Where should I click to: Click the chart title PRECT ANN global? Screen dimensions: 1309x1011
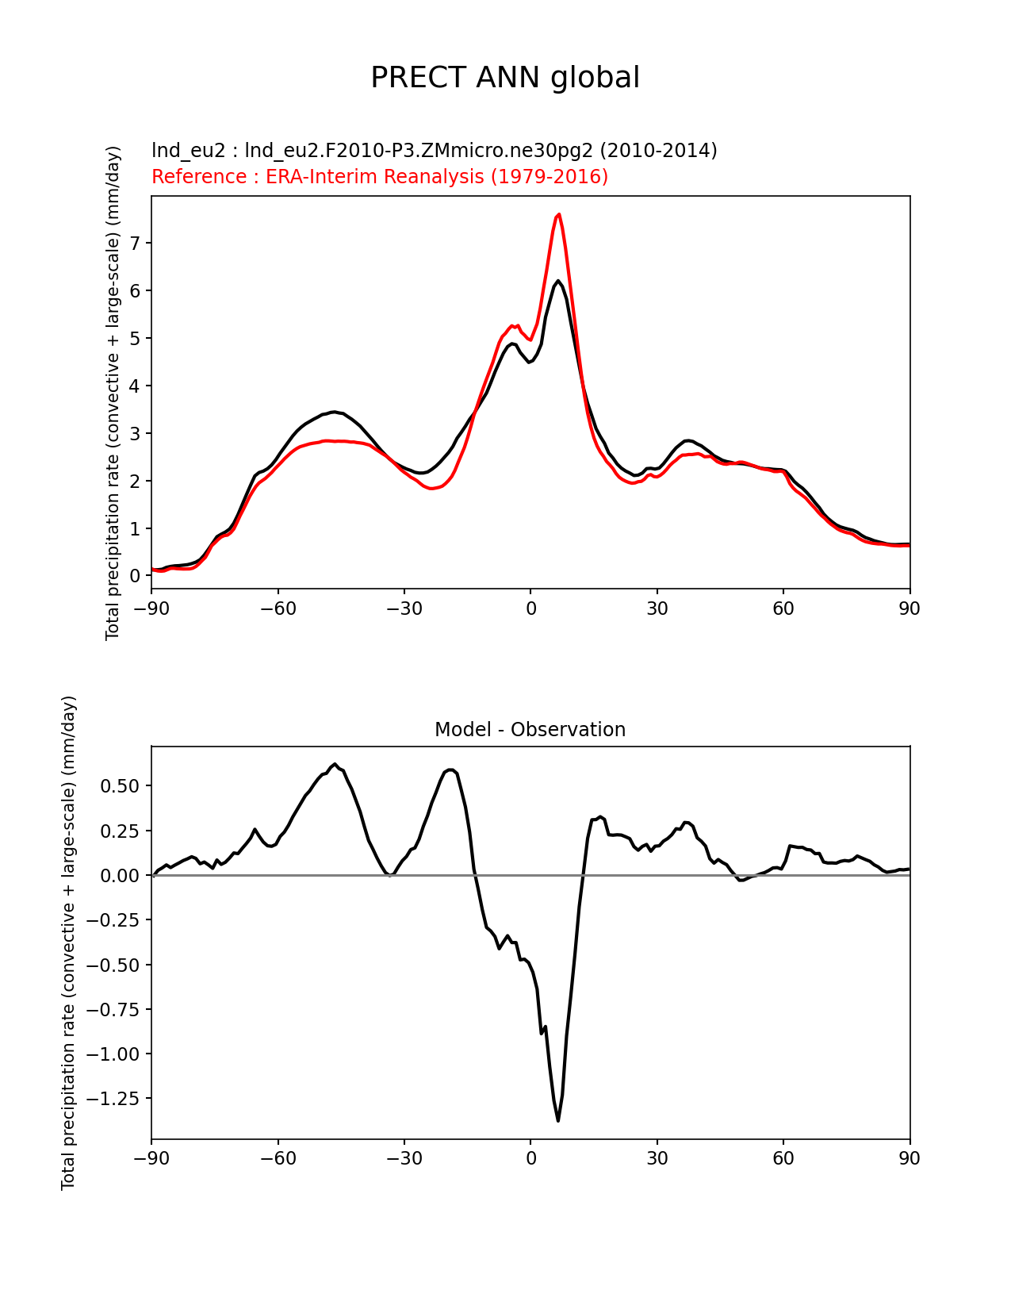[x=505, y=78]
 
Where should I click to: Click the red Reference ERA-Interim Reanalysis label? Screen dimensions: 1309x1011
[x=380, y=176]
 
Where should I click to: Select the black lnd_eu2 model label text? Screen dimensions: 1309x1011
[x=434, y=150]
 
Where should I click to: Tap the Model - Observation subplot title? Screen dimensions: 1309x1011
[x=530, y=729]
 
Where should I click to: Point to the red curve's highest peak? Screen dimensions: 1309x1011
[x=559, y=214]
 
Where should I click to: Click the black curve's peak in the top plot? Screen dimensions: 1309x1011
[x=558, y=281]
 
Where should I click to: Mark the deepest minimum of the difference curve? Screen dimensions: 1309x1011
[x=558, y=1120]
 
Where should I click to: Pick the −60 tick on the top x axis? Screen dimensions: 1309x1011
[x=278, y=608]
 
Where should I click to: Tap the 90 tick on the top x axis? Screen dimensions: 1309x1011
[x=910, y=608]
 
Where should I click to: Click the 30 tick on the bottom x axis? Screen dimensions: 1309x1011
[x=657, y=1158]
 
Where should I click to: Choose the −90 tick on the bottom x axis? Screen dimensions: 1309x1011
[x=151, y=1158]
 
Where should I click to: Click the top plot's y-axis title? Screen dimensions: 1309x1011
[x=113, y=393]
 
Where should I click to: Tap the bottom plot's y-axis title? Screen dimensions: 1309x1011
[x=69, y=942]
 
